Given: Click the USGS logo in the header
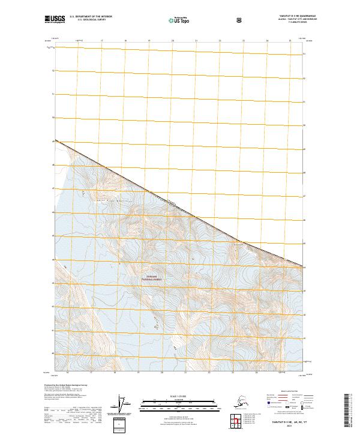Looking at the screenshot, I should click(56, 20).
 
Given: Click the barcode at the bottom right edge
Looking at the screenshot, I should click(350, 412).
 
